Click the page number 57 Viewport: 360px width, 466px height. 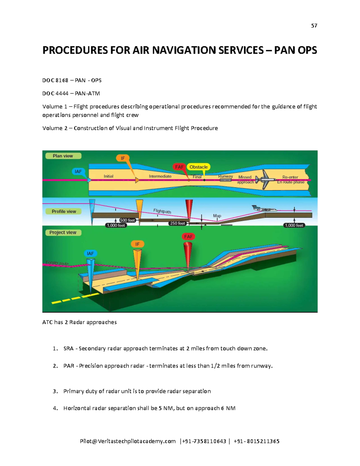click(314, 26)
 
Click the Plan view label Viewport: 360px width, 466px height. click(63, 156)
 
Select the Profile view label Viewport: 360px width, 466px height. click(64, 212)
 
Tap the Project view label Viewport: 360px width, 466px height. click(63, 233)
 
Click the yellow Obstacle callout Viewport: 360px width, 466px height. click(198, 167)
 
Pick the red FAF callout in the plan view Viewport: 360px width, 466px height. click(179, 167)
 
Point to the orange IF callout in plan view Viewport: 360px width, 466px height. click(123, 158)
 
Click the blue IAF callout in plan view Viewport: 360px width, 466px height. click(78, 172)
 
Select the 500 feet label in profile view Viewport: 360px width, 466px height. click(127, 220)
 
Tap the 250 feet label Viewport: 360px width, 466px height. click(178, 223)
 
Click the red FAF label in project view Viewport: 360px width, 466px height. click(188, 237)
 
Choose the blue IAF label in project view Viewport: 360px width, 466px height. click(90, 254)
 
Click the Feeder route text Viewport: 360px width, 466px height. click(57, 263)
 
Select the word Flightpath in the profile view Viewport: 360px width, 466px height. click(162, 211)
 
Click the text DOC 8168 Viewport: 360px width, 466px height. click(55, 80)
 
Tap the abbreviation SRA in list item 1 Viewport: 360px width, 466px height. click(68, 349)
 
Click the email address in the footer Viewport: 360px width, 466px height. click(127, 441)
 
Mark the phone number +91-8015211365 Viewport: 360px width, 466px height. click(256, 441)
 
